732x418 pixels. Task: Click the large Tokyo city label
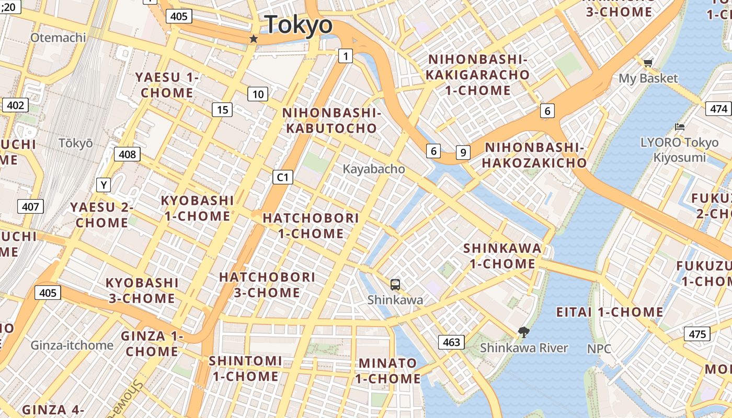[x=299, y=25]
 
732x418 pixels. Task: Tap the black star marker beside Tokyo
[x=254, y=39]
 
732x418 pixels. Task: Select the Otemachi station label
[x=58, y=38]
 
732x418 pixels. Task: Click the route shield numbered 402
[x=15, y=106]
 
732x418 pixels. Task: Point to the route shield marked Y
[x=104, y=185]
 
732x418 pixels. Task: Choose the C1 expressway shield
[x=282, y=178]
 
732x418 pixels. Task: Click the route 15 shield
[x=222, y=110]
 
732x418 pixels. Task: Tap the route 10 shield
[x=258, y=95]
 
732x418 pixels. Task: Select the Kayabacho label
[x=374, y=169]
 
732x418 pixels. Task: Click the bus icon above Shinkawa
[x=395, y=285]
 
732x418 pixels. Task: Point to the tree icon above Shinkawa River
[x=523, y=332]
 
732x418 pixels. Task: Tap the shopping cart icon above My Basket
[x=648, y=63]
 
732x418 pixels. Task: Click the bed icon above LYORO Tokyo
[x=679, y=127]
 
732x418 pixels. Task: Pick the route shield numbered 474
[x=719, y=109]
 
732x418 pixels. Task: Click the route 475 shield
[x=697, y=334]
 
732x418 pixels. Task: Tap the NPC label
[x=599, y=349]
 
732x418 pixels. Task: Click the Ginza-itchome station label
[x=72, y=345]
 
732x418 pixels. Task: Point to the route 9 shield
[x=463, y=153]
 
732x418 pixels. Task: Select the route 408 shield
[x=127, y=154]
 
